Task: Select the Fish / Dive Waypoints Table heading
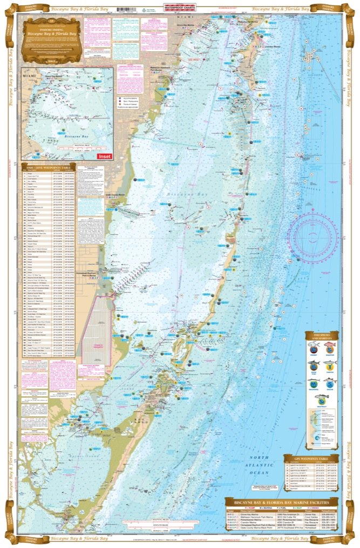[x=50, y=164]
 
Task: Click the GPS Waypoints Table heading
[x=311, y=458]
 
